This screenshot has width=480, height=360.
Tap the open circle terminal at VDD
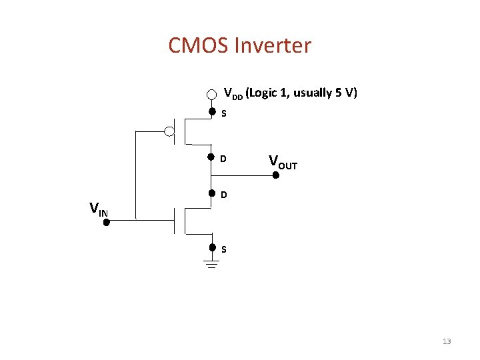(211, 94)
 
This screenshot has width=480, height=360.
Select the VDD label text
(233, 93)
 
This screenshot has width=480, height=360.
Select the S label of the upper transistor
(224, 114)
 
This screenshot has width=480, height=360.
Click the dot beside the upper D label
(211, 158)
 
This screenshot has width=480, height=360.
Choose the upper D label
(224, 159)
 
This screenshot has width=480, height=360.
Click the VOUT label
(283, 161)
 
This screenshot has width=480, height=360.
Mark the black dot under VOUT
(275, 175)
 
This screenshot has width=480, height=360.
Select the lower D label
(224, 195)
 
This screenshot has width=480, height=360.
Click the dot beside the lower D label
(211, 193)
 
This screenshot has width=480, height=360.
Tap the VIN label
(98, 209)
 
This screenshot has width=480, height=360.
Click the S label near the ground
(224, 249)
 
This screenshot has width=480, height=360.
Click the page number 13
(447, 341)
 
